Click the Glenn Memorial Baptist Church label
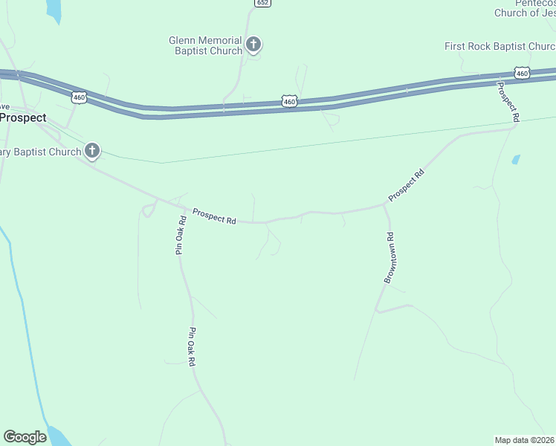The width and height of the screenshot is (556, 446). [205, 45]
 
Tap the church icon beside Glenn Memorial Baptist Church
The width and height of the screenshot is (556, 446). [253, 45]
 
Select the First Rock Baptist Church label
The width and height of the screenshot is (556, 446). [500, 46]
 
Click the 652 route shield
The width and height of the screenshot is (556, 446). [262, 3]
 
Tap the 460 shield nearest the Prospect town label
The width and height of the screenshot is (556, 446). [80, 97]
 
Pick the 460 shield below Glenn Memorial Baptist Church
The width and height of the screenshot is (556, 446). [290, 100]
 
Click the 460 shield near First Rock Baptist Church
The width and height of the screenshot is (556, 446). [522, 73]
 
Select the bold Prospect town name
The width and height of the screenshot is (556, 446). [23, 117]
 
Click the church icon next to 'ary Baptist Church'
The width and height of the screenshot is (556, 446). [92, 152]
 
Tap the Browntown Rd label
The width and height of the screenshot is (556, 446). [389, 257]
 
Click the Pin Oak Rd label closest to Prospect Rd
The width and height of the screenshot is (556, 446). [180, 235]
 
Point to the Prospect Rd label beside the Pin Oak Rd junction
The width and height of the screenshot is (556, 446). [214, 216]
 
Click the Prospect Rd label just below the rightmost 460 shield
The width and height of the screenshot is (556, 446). [508, 102]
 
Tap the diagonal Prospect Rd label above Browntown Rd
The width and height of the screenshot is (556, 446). [406, 186]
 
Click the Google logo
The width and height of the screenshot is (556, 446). [25, 437]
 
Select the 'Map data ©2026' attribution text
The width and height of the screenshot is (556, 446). [525, 440]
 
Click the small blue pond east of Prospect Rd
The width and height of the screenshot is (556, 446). [516, 159]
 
